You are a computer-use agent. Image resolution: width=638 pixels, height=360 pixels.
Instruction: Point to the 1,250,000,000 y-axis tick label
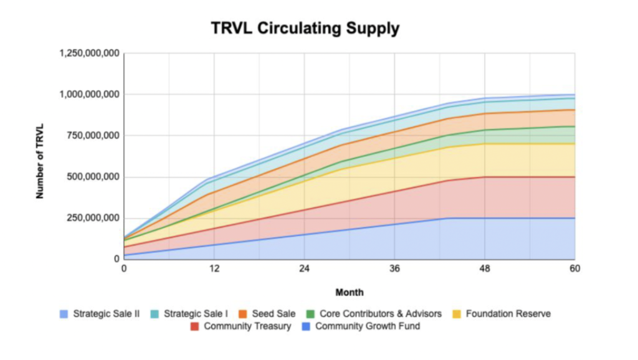click(x=89, y=54)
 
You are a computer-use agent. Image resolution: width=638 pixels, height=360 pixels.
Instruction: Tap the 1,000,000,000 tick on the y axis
click(x=89, y=95)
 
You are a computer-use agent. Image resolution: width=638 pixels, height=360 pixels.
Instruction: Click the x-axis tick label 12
click(x=214, y=268)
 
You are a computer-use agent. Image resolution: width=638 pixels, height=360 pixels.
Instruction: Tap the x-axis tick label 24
click(x=304, y=268)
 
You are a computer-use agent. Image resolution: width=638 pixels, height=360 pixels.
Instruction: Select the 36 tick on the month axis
click(x=394, y=268)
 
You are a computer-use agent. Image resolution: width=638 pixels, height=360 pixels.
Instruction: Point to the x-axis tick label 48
click(x=485, y=268)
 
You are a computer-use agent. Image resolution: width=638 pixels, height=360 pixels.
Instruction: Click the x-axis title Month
click(x=350, y=292)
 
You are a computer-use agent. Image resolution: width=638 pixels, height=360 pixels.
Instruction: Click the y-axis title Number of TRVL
click(x=40, y=156)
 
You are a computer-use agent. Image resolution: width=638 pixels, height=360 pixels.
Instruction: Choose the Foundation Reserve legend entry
click(x=502, y=313)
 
